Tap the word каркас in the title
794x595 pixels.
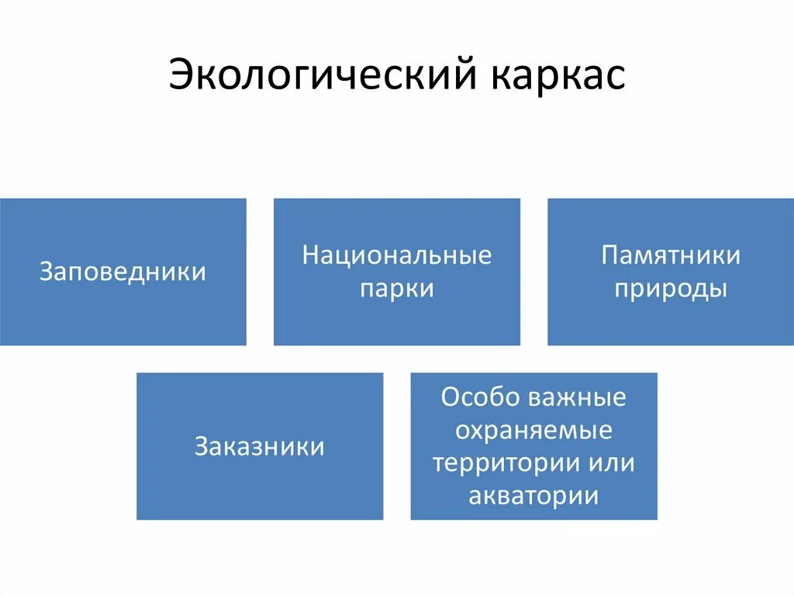[x=557, y=76]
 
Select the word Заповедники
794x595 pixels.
[x=123, y=272]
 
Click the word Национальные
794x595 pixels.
[x=397, y=255]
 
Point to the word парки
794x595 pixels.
[x=397, y=289]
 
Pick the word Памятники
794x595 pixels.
[x=671, y=255]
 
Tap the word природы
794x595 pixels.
[x=671, y=289]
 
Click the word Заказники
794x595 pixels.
[x=260, y=447]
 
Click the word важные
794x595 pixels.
[x=578, y=397]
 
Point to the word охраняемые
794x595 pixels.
[x=533, y=430]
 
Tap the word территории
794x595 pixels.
[x=497, y=463]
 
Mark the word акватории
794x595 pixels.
[x=533, y=496]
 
